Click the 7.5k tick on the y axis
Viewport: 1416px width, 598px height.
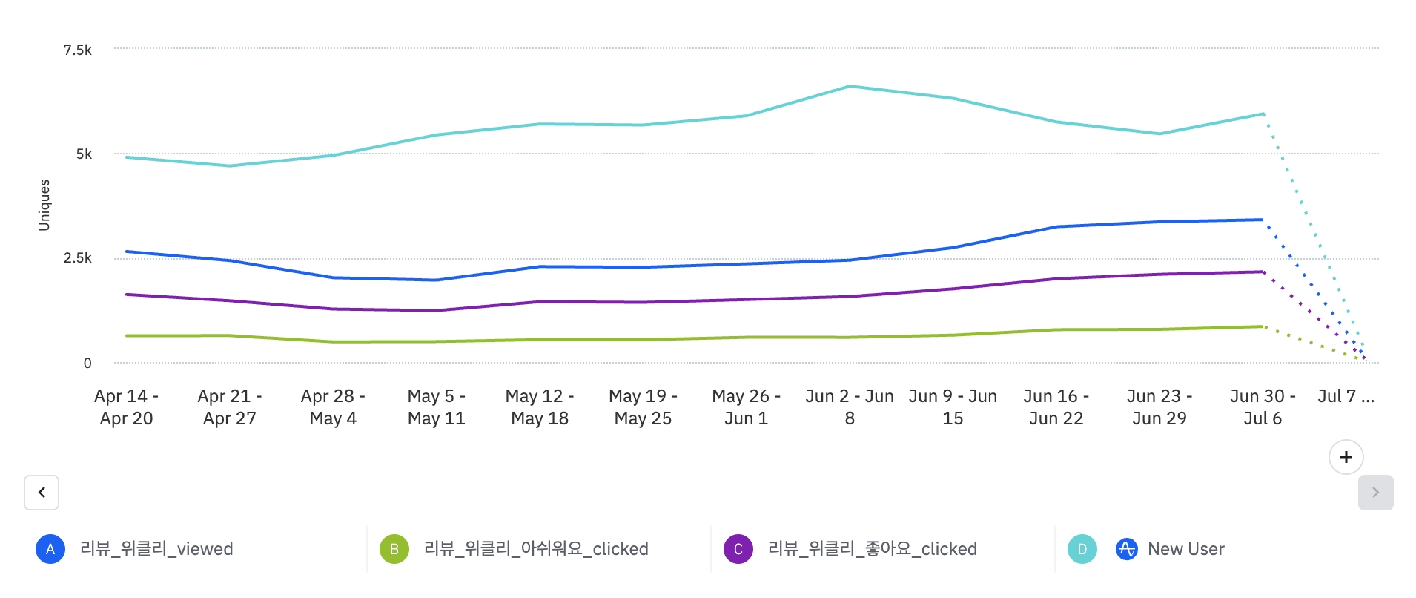77,50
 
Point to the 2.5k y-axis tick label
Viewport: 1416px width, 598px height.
77,257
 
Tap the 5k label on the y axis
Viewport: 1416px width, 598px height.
84,154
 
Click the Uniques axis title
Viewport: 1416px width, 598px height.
44,205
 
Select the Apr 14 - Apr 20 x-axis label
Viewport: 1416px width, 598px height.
126,407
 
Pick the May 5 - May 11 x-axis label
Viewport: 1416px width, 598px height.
436,407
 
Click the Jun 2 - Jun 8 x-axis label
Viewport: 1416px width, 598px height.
850,407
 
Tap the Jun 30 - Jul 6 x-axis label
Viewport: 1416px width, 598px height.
1263,407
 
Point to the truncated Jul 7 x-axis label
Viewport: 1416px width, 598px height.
1346,396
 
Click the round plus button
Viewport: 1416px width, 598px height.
1346,457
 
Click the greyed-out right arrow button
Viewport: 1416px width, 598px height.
1375,493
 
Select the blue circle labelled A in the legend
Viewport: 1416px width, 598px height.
50,549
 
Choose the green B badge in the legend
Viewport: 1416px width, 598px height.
394,549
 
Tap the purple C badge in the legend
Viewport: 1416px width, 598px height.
738,549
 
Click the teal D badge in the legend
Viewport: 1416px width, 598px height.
1082,549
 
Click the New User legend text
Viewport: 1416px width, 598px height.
1185,549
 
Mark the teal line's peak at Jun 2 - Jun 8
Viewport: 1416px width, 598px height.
850,87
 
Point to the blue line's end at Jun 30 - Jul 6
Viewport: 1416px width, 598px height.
1262,220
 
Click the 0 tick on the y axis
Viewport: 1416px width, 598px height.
87,363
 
